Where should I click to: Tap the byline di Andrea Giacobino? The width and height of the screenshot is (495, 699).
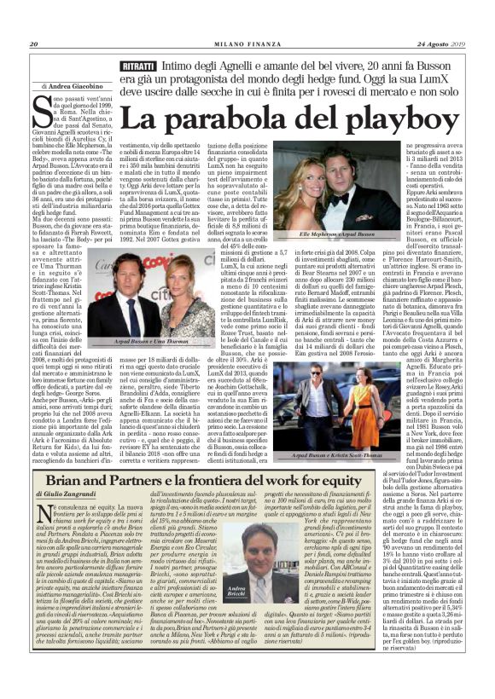point(72,85)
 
